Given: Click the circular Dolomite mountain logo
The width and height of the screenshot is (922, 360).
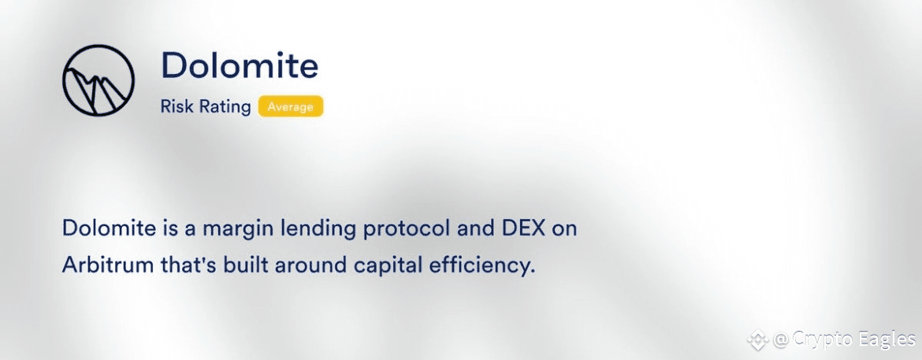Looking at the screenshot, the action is point(99,80).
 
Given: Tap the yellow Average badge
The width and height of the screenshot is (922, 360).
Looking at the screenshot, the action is point(291,107).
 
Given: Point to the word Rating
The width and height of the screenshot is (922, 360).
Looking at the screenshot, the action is point(221,108).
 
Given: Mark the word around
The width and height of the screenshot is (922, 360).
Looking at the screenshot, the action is point(310,266).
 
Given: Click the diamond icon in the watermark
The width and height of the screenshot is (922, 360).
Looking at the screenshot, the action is point(758,340).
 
